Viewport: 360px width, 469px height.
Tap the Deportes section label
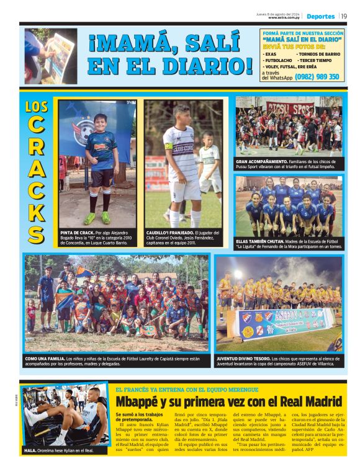[320, 16]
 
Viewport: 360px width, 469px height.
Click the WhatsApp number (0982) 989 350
[317, 77]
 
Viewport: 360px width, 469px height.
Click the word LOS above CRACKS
[37, 106]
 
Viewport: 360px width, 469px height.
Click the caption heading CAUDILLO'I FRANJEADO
[164, 232]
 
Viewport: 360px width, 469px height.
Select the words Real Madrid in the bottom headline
[307, 401]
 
